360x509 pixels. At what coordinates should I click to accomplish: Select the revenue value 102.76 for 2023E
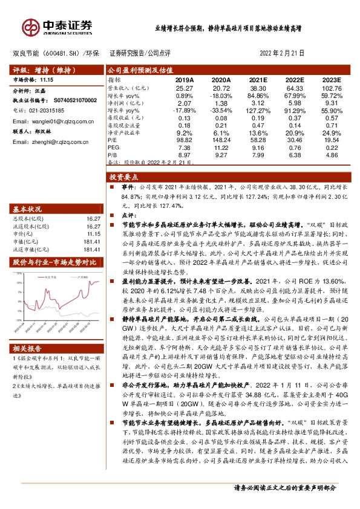[332, 88]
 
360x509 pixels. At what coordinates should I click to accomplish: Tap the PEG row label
[113, 146]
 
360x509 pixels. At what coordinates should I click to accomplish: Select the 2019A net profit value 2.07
[185, 103]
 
